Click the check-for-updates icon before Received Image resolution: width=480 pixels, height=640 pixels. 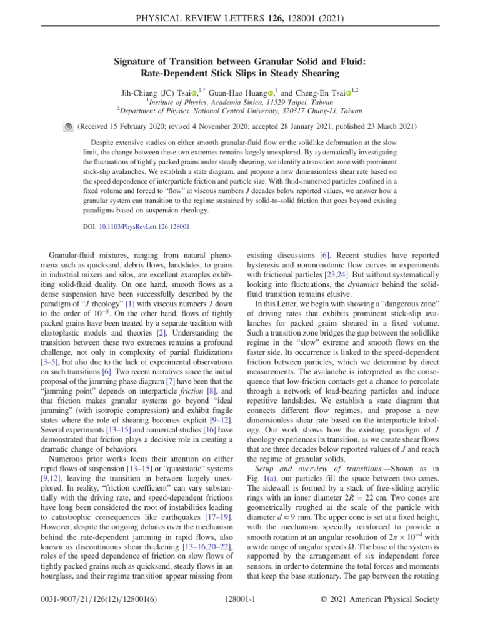[69, 126]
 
